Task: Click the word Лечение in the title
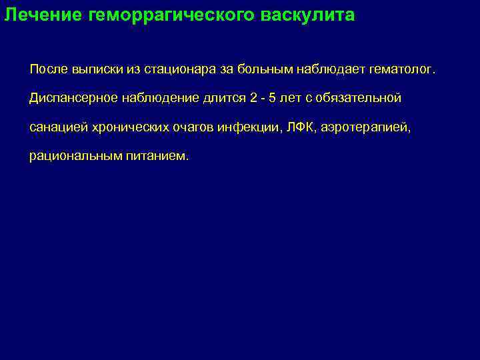pyautogui.click(x=43, y=15)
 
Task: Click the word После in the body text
pyautogui.click(x=47, y=70)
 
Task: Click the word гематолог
pyautogui.click(x=397, y=70)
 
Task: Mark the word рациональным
pyautogui.click(x=73, y=157)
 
